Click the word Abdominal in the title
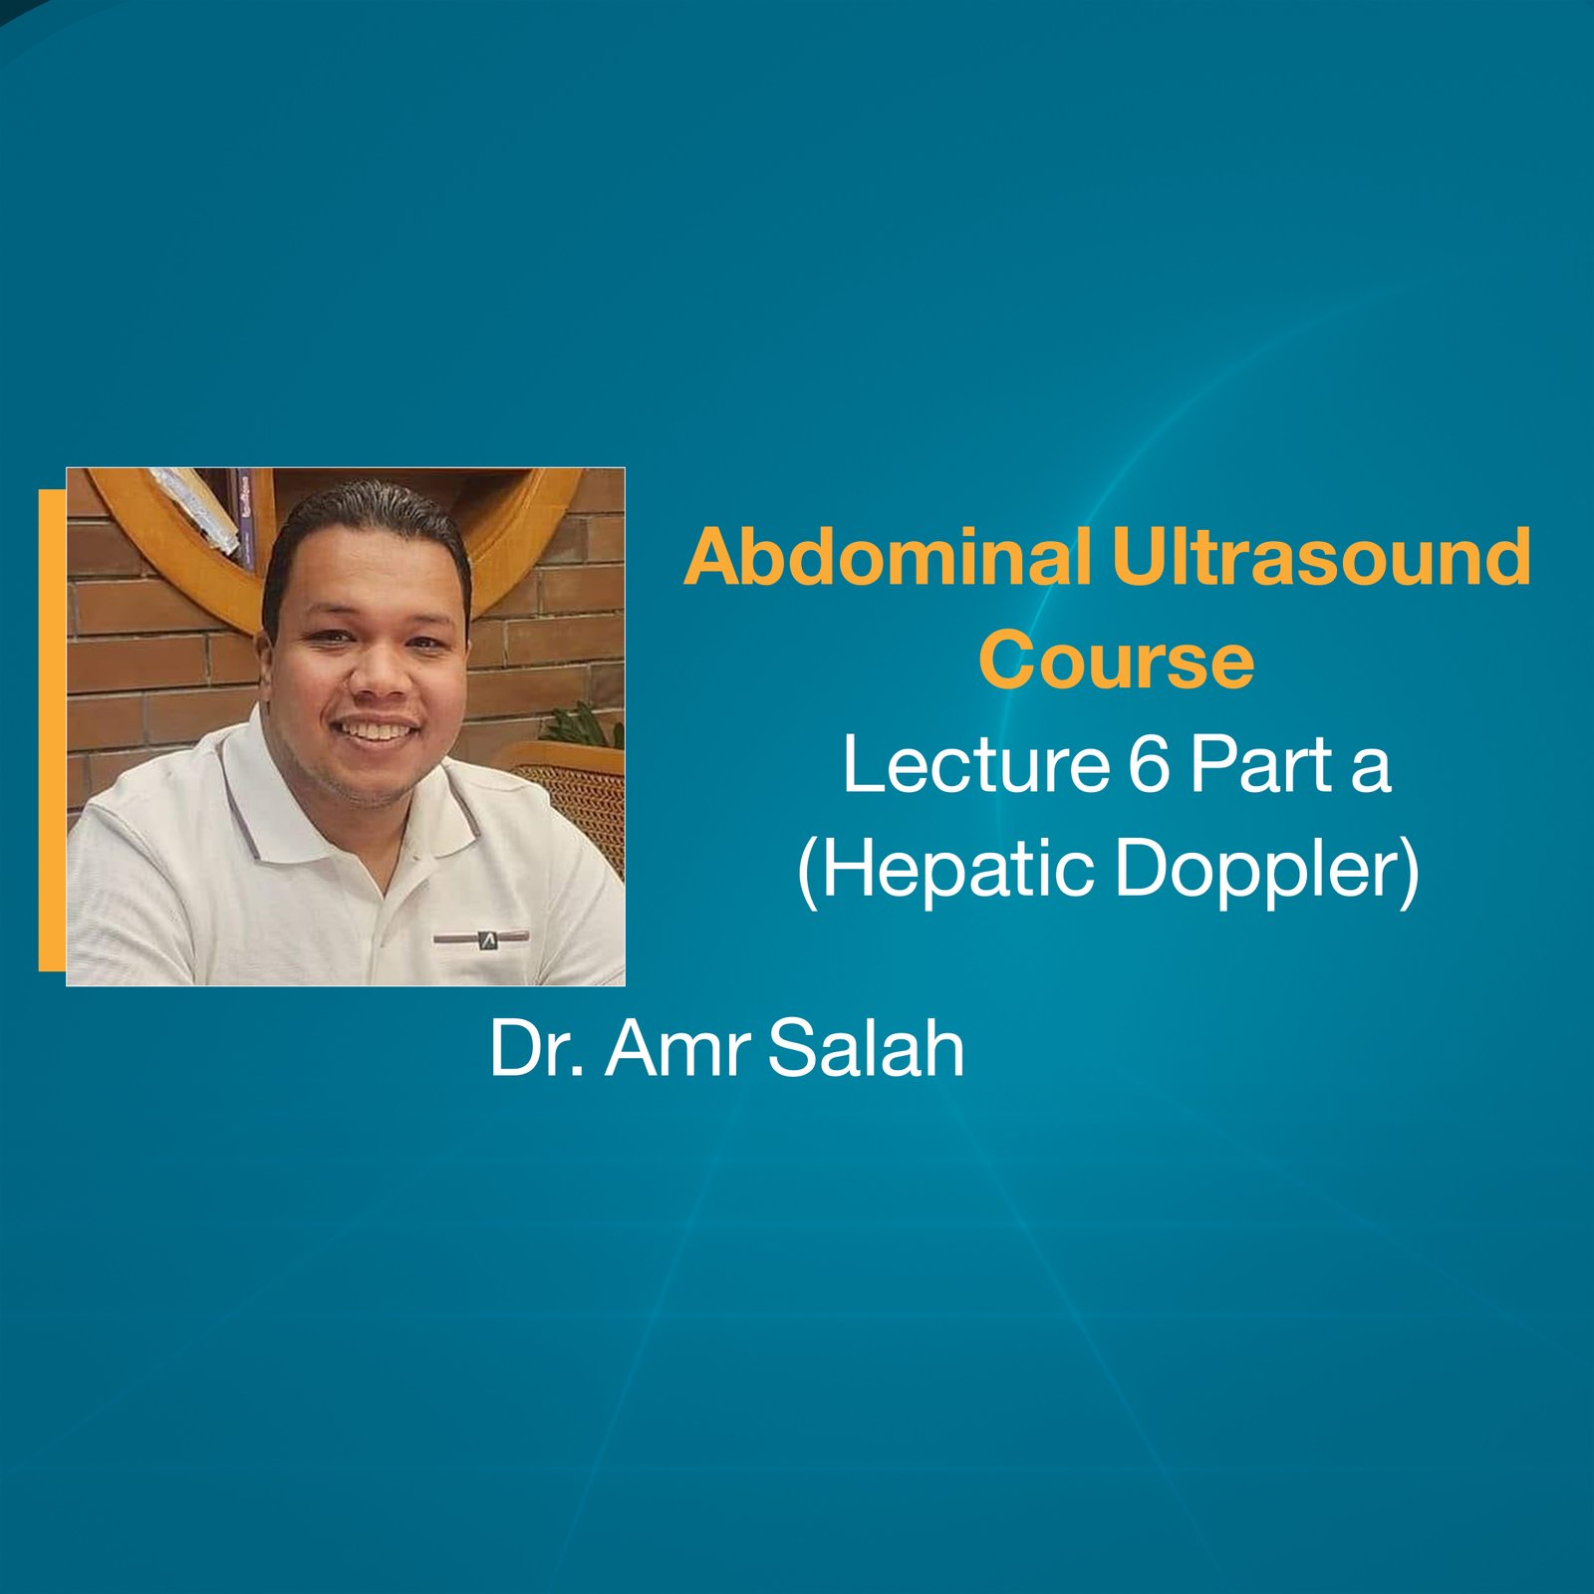tap(887, 558)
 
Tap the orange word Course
tap(1116, 662)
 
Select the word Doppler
tap(1261, 869)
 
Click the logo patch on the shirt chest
tap(482, 937)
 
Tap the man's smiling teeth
tap(377, 731)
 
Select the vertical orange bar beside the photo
tap(52, 729)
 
